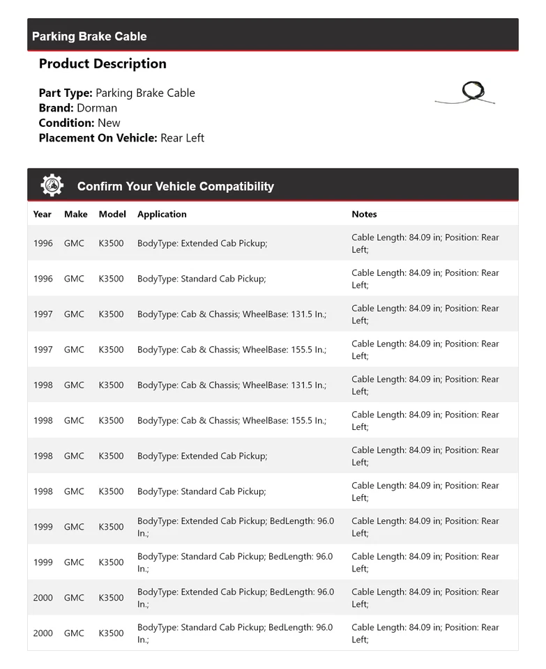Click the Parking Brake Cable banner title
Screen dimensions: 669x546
point(89,36)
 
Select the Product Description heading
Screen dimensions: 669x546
point(103,63)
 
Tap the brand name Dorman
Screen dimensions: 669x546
point(97,108)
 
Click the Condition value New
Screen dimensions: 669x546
point(109,123)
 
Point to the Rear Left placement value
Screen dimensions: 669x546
point(182,138)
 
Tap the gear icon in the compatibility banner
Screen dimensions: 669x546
point(52,185)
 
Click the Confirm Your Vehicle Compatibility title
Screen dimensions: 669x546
point(175,186)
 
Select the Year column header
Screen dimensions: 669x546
point(43,214)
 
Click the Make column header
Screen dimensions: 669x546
point(75,214)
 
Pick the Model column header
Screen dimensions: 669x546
point(112,214)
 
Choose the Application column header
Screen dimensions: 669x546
point(162,214)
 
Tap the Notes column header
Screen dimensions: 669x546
point(364,214)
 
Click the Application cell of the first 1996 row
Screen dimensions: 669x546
point(202,243)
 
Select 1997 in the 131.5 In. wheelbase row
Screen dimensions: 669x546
point(43,314)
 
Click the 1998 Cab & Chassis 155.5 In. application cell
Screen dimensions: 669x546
point(232,420)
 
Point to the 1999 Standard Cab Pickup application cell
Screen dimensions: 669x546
point(236,562)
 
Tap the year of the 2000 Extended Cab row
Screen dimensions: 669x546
point(43,598)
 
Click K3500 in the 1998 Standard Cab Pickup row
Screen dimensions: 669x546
point(111,491)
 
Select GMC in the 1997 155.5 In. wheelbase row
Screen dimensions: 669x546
point(74,350)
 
